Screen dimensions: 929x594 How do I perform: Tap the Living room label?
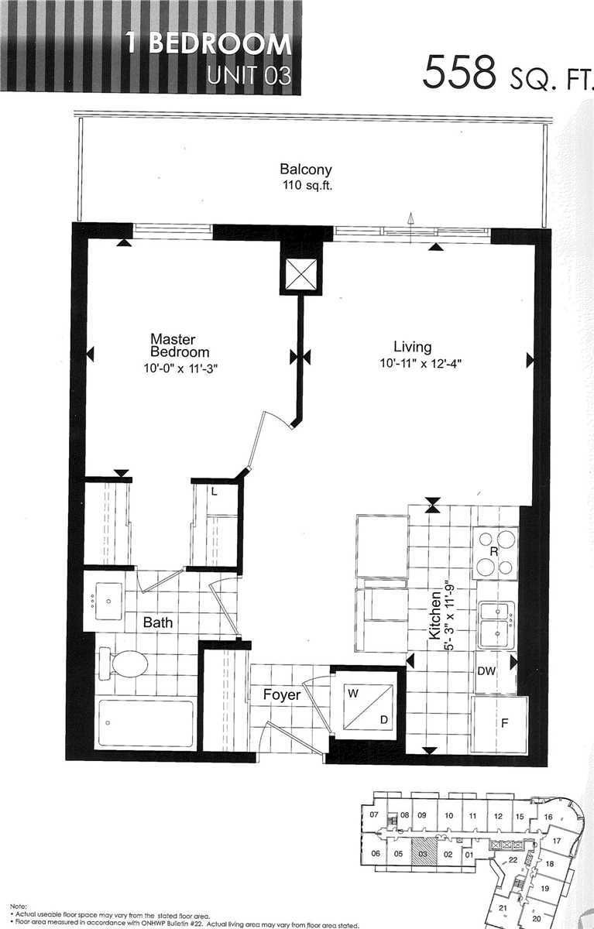click(x=411, y=347)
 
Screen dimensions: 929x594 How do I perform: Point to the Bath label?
click(x=157, y=622)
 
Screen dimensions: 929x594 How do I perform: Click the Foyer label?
click(x=281, y=695)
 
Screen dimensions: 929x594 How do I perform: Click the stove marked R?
click(x=496, y=552)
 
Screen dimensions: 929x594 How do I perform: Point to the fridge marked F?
click(x=500, y=725)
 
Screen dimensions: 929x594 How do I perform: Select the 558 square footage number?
click(x=459, y=74)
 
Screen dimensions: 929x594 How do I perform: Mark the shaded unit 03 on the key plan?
click(x=422, y=855)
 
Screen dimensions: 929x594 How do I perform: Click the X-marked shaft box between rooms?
click(x=300, y=273)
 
